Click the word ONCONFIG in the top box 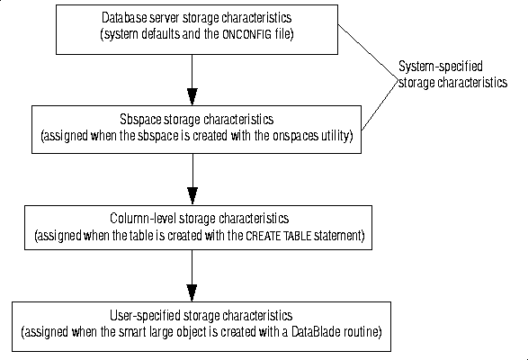click(x=246, y=34)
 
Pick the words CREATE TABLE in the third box click(x=279, y=236)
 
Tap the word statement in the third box click(x=339, y=236)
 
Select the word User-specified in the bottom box click(x=145, y=316)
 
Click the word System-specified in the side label click(x=441, y=67)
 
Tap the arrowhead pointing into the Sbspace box click(x=192, y=96)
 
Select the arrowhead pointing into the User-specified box click(x=192, y=292)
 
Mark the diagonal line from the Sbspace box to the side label click(x=380, y=104)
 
